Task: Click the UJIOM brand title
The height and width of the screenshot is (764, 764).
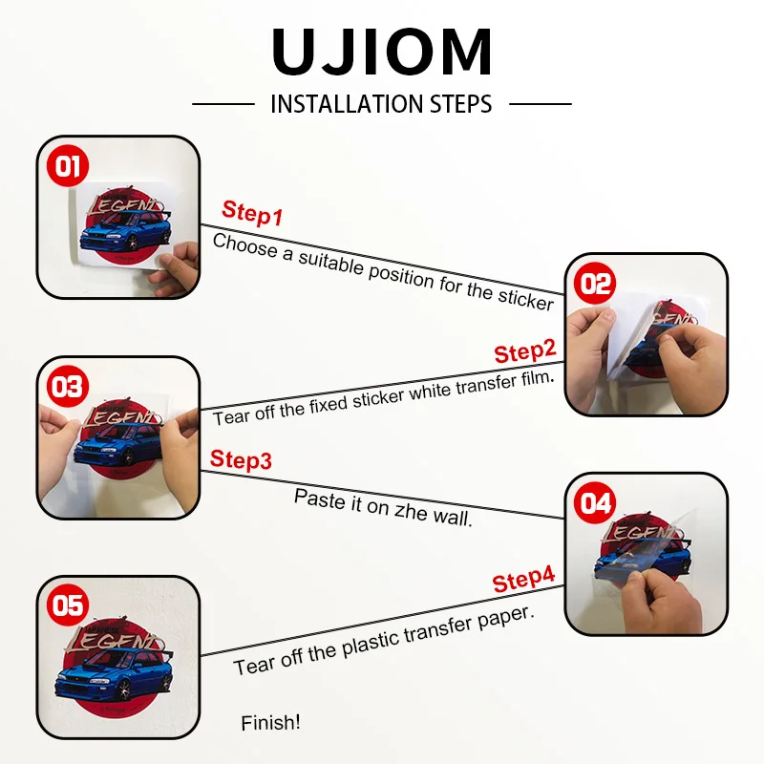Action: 382,53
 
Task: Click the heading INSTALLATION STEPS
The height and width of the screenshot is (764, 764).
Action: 381,103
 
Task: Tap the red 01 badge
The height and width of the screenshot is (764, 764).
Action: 67,168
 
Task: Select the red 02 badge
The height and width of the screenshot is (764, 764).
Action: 595,284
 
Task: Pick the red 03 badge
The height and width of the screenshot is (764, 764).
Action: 68,387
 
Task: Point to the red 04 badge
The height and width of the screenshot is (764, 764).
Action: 595,502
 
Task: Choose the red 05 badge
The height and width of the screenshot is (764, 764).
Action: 67,605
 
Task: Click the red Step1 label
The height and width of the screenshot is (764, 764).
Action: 252,213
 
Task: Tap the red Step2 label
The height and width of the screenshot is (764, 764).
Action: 524,351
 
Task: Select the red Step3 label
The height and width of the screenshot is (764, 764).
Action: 241,459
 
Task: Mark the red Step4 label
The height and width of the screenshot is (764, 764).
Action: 523,580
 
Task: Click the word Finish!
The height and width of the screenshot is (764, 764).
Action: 270,723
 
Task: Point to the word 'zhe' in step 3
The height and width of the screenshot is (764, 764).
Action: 407,510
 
